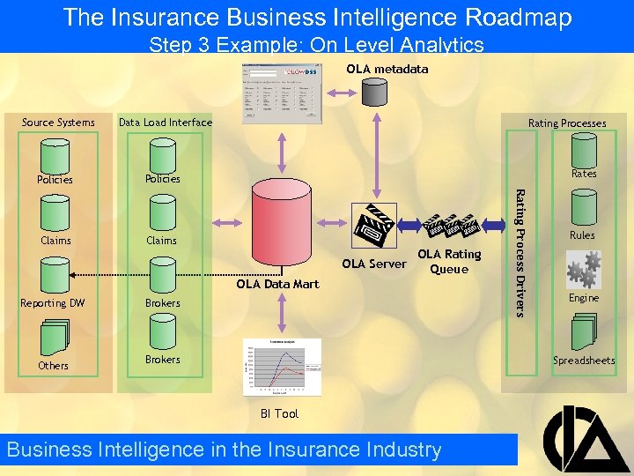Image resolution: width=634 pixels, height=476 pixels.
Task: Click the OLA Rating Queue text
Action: pyautogui.click(x=449, y=262)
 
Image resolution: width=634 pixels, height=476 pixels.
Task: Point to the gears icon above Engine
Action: pyautogui.click(x=583, y=268)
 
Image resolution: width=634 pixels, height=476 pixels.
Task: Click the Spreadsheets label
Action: pyautogui.click(x=584, y=361)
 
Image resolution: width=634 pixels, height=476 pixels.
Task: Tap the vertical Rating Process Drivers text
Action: pyautogui.click(x=520, y=252)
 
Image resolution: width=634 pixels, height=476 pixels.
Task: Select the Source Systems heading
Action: pyautogui.click(x=58, y=123)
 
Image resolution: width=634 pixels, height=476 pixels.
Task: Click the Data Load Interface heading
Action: pyautogui.click(x=166, y=123)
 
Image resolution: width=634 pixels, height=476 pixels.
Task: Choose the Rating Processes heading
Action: pyautogui.click(x=567, y=123)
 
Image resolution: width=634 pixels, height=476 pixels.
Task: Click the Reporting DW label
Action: pyautogui.click(x=53, y=303)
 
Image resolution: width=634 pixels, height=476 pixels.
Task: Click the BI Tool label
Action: pyautogui.click(x=279, y=413)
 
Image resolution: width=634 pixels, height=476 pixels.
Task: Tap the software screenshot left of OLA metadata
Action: pyautogui.click(x=281, y=93)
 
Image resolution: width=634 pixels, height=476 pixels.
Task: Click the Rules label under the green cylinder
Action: pyautogui.click(x=582, y=235)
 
